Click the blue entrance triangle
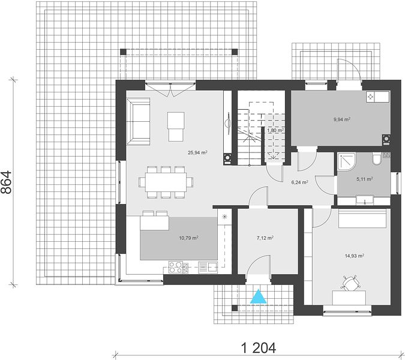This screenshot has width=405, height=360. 258,297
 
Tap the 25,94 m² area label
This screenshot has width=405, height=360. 197,152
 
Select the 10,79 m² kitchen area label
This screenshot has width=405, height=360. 188,238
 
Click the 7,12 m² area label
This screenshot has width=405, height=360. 265,238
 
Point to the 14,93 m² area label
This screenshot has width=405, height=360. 355,256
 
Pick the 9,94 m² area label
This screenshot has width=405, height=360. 342,119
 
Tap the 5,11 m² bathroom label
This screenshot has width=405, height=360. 364,179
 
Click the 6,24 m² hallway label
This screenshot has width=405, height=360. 299,182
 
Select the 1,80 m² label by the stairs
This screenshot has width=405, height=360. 275,130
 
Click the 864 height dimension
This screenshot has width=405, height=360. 7,182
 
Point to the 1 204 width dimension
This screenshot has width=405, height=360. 258,348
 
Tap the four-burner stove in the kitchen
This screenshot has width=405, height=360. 176,267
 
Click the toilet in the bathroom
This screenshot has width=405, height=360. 377,158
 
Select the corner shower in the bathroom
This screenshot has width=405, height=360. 347,161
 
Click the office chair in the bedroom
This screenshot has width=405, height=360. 350,283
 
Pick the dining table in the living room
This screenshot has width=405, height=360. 166,182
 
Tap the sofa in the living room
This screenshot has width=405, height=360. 138,121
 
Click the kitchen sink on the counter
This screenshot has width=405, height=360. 208,267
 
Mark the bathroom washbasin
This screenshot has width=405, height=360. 364,200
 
